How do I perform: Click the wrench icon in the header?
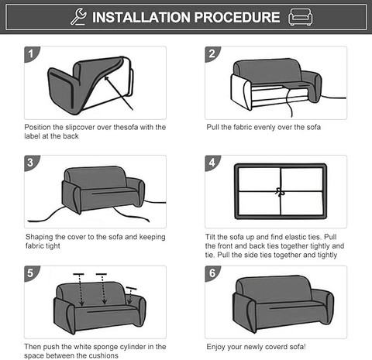(x=78, y=16)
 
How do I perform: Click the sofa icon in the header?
(x=300, y=17)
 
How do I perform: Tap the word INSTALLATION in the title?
(x=141, y=17)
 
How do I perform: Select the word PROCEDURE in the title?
(x=237, y=17)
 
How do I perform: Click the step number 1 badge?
(x=31, y=54)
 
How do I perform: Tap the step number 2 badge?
(x=212, y=54)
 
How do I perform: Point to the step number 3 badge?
(x=31, y=163)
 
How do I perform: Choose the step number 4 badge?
(x=212, y=163)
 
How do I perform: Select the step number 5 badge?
(x=31, y=273)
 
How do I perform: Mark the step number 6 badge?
(x=212, y=273)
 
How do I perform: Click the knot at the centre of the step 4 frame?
(x=280, y=192)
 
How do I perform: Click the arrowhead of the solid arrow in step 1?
(x=106, y=78)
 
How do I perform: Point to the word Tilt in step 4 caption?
(x=210, y=237)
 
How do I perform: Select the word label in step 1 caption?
(x=32, y=136)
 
